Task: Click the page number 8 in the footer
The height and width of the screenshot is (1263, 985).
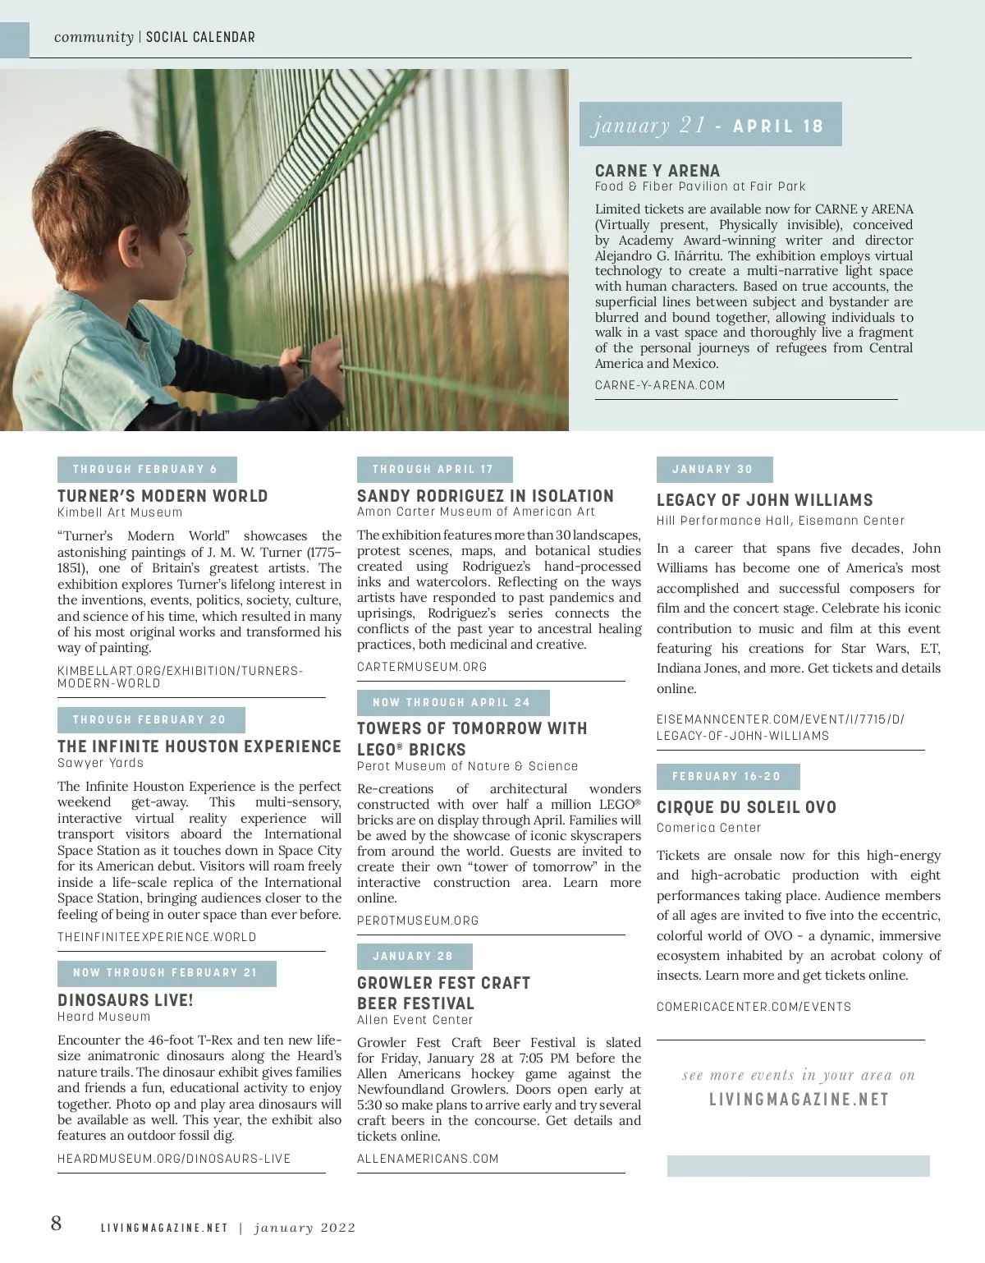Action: [56, 1224]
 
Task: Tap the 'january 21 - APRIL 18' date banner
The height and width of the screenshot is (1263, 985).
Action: [710, 125]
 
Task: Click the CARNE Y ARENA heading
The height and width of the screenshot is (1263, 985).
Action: [657, 171]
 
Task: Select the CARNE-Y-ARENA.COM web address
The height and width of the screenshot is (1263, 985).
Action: [660, 385]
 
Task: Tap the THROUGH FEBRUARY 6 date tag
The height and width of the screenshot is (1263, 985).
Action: [146, 470]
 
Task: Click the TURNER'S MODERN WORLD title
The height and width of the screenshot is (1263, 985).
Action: [163, 496]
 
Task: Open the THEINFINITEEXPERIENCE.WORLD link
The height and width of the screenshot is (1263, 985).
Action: [157, 937]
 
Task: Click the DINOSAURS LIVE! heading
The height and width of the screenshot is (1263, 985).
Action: [126, 1000]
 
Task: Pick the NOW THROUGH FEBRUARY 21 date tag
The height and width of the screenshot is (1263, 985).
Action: [166, 973]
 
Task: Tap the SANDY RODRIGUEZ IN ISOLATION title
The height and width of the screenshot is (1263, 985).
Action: [485, 496]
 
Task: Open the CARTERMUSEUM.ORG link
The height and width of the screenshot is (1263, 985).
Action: [422, 667]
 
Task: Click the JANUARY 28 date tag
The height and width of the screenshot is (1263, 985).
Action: [414, 957]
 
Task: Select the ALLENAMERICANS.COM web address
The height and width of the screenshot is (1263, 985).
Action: [428, 1159]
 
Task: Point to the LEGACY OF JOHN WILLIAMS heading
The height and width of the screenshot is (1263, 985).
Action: [765, 500]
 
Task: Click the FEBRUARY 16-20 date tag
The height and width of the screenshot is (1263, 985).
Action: [727, 777]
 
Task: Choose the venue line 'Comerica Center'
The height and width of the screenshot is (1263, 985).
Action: [709, 828]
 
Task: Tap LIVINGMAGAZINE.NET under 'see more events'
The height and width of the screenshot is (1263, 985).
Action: [799, 1099]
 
